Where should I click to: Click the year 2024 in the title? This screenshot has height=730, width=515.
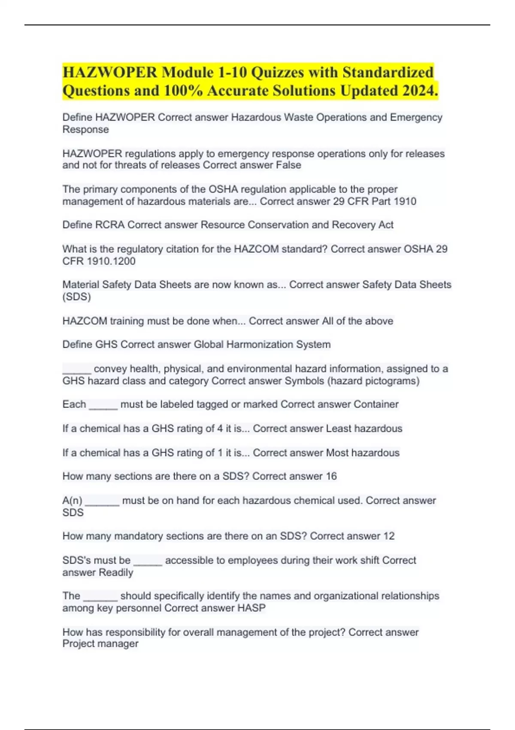[x=417, y=91]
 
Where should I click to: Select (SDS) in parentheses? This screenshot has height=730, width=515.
[x=76, y=297]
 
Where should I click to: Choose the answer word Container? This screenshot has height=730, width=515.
[x=376, y=405]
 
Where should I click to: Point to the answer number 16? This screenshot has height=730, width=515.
[x=331, y=476]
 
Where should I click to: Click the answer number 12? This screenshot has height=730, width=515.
[x=388, y=536]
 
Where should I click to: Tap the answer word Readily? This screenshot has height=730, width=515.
[x=116, y=572]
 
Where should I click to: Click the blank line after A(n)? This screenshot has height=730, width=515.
[x=102, y=502]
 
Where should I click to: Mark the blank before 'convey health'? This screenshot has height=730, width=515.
[x=76, y=371]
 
